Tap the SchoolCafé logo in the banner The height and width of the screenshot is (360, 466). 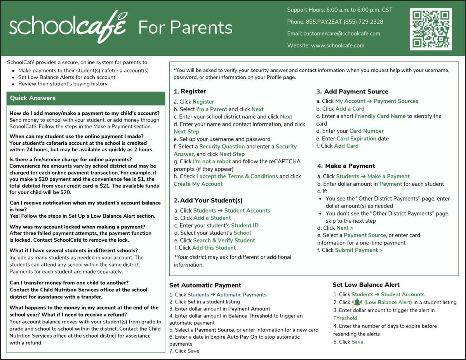tap(68, 27)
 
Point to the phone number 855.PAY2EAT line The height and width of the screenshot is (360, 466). tap(335, 22)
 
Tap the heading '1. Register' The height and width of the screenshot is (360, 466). tap(190, 92)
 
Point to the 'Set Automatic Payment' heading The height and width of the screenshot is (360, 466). tap(205, 285)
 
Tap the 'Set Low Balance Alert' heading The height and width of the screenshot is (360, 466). tap(366, 285)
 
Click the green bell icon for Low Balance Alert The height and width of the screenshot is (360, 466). tap(357, 302)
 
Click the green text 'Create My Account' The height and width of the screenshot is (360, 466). tap(198, 184)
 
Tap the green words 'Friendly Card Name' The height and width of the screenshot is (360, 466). tap(380, 116)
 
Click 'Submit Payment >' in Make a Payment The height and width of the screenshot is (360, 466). tap(358, 250)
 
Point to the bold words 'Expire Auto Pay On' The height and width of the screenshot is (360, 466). tap(234, 337)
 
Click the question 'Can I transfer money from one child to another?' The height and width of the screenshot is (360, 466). tap(69, 282)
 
